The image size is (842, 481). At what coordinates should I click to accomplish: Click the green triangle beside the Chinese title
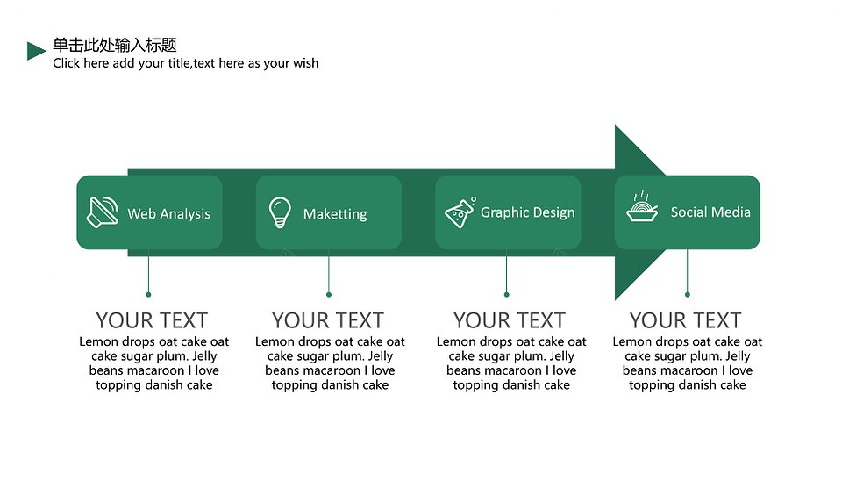(35, 51)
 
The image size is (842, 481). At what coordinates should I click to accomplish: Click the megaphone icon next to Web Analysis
(102, 212)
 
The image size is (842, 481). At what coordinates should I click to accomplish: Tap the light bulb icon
(280, 212)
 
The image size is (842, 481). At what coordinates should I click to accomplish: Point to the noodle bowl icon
(642, 206)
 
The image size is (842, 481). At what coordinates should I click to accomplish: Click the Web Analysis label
(168, 214)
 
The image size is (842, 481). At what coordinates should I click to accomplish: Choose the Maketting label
(335, 214)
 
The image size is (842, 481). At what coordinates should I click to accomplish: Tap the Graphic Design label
(527, 212)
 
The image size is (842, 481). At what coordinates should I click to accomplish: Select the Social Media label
(710, 212)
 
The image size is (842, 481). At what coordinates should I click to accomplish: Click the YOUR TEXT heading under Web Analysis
(152, 320)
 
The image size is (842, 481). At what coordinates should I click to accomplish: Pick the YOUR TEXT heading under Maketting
(328, 320)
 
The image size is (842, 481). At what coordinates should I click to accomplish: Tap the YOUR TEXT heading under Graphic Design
(510, 320)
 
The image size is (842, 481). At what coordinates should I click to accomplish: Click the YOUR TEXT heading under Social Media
(686, 320)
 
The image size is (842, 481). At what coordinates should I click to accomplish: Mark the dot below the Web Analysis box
(148, 295)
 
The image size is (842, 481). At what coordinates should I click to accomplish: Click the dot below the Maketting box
(329, 295)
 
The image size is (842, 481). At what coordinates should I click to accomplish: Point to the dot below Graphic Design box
(506, 295)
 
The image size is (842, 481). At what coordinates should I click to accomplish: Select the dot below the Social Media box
(688, 295)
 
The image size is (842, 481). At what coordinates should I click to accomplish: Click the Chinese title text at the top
(115, 45)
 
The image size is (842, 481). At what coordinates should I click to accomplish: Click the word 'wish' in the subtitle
(305, 63)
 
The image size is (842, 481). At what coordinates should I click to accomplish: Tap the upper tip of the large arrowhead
(616, 126)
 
